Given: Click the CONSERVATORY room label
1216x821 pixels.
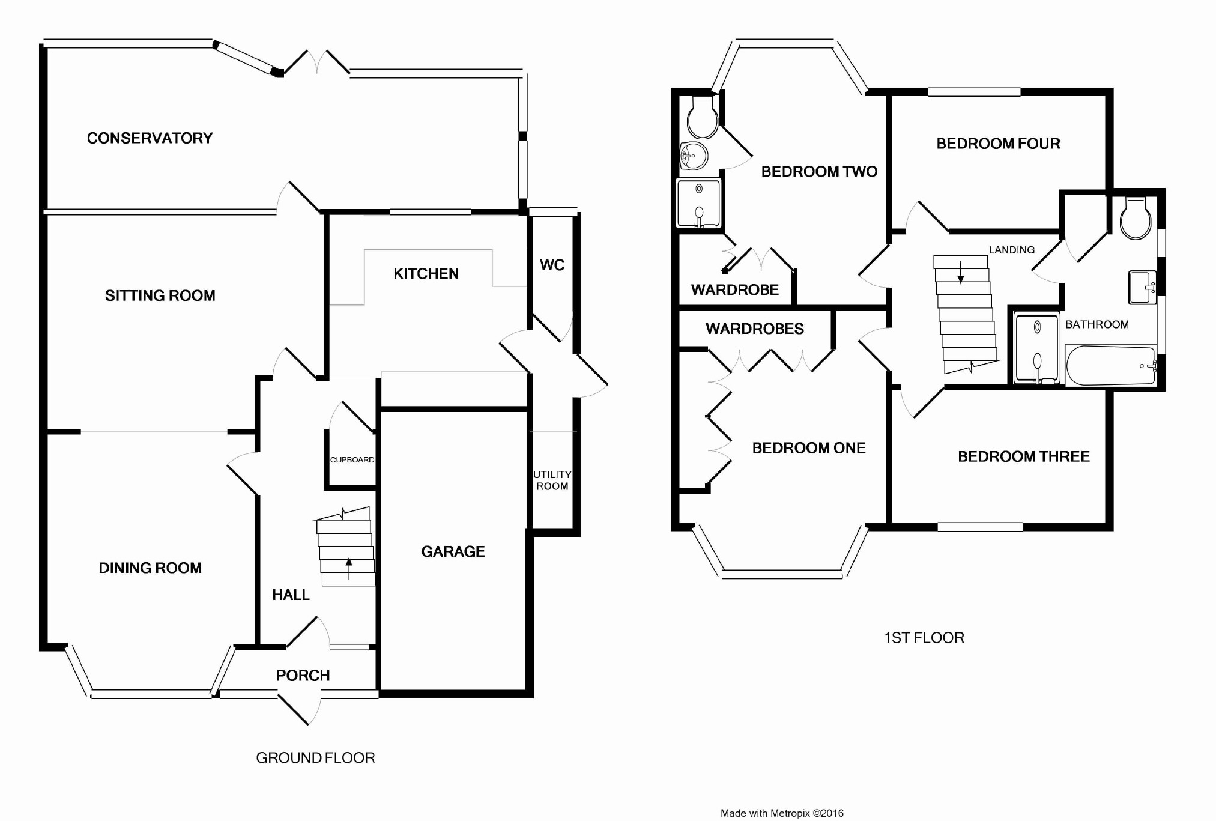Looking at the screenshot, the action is click(150, 138).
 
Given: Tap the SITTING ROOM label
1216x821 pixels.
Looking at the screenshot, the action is click(160, 295).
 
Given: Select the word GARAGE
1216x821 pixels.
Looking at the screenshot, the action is click(453, 551).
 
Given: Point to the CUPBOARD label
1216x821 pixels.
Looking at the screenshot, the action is click(352, 460).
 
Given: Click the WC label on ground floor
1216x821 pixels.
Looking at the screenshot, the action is click(552, 265).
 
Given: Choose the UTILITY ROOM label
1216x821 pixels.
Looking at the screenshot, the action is click(552, 480).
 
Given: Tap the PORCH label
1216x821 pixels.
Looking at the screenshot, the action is click(303, 676).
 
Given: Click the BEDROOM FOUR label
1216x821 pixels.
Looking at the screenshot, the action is click(998, 144).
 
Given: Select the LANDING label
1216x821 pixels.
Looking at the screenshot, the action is click(1012, 250).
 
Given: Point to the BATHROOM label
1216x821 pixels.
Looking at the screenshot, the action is click(1097, 324).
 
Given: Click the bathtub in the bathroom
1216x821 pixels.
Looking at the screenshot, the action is click(1110, 365).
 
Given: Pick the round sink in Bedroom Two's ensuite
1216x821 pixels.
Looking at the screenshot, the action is click(694, 157).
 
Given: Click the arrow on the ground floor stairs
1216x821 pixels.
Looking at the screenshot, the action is click(349, 568).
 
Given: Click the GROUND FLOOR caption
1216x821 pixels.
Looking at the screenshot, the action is click(315, 758).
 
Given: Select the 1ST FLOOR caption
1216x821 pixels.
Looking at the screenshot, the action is click(924, 638).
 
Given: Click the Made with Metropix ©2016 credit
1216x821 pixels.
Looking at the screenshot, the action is click(782, 813).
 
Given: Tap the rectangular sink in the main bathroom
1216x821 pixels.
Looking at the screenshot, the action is click(1143, 287).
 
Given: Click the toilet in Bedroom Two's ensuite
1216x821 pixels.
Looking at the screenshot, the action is click(702, 118).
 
